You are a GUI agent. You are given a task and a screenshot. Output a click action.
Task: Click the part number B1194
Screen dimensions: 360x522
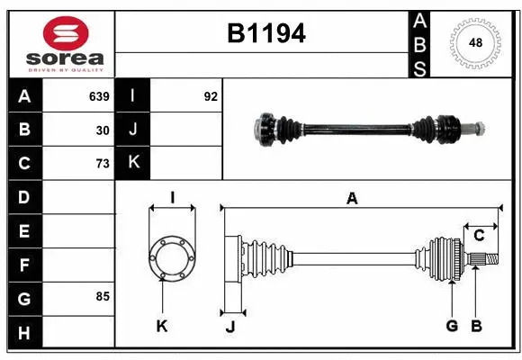[x=265, y=34]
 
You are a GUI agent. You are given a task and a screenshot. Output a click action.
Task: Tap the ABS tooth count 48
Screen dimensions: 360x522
[x=474, y=42]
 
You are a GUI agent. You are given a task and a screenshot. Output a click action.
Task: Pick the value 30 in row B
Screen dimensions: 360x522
[x=103, y=130]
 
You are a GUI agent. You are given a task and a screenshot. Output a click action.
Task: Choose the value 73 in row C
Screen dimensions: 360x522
[x=103, y=164]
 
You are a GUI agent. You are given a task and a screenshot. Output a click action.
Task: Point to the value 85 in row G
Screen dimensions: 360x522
[x=103, y=296]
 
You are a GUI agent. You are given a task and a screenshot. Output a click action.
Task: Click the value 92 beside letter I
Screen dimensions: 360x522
[x=211, y=96]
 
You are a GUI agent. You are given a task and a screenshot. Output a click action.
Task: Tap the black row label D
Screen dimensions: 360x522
[x=24, y=196]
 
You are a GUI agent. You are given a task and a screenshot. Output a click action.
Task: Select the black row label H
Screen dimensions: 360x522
[x=24, y=333]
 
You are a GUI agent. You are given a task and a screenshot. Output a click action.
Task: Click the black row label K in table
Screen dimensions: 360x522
[x=133, y=163]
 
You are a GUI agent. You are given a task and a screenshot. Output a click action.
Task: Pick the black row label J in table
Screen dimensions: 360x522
[x=133, y=130]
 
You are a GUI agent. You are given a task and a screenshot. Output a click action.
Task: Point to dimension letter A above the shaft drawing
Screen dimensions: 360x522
[x=352, y=199]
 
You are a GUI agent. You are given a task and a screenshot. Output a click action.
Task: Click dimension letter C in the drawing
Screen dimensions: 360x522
[x=479, y=235]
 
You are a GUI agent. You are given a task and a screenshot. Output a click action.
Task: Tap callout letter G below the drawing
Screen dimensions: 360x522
[x=452, y=325]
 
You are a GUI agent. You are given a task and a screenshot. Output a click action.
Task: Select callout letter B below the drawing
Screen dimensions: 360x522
[x=477, y=325]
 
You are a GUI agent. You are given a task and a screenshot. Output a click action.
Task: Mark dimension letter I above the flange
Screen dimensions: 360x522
[x=171, y=197]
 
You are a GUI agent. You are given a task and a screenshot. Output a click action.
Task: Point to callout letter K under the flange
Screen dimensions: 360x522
[x=162, y=325]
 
